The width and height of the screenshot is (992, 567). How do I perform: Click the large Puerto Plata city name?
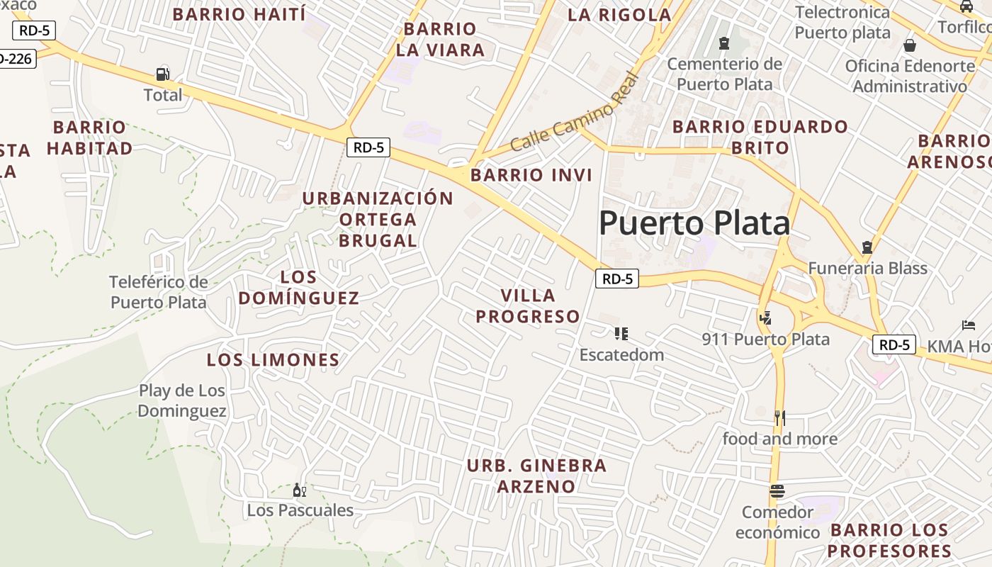pos(694,223)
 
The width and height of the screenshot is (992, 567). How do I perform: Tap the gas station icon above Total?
pos(162,74)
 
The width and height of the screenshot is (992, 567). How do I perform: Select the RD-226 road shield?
pos(16,58)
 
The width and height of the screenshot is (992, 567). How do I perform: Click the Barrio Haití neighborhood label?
pos(239,14)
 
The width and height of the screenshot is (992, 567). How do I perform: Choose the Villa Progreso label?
pos(528,305)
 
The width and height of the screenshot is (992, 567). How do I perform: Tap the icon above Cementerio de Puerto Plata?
pos(723,44)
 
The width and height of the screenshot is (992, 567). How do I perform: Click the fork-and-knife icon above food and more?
pos(780,418)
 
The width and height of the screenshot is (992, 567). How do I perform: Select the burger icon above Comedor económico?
pos(777,491)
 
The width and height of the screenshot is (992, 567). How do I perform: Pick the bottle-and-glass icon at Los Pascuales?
pos(300,490)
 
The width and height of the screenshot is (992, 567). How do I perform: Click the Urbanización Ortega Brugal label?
pos(378,219)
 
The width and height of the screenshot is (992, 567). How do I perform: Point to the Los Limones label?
pos(274,360)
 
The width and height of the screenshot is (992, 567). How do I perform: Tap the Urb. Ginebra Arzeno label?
pos(536,476)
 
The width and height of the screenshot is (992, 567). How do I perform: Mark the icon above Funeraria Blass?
pos(867,247)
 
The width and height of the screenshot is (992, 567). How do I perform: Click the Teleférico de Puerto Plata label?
pos(159,292)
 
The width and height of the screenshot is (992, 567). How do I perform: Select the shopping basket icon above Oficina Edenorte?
pos(910,45)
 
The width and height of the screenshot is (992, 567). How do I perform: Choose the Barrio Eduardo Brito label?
pos(760,137)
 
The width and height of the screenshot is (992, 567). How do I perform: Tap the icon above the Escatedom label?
pos(621,333)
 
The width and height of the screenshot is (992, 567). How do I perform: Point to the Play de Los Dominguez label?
pos(182,400)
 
